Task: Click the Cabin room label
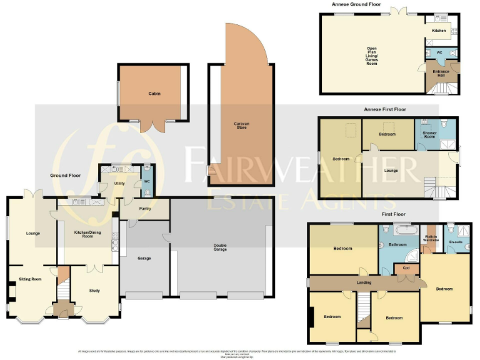point(154,93)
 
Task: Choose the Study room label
point(94,291)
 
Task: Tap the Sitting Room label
point(29,279)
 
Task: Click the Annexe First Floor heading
point(384,109)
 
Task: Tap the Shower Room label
point(429,136)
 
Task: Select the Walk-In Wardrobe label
point(431,238)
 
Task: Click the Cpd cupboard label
point(406,268)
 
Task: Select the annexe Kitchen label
point(439,30)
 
